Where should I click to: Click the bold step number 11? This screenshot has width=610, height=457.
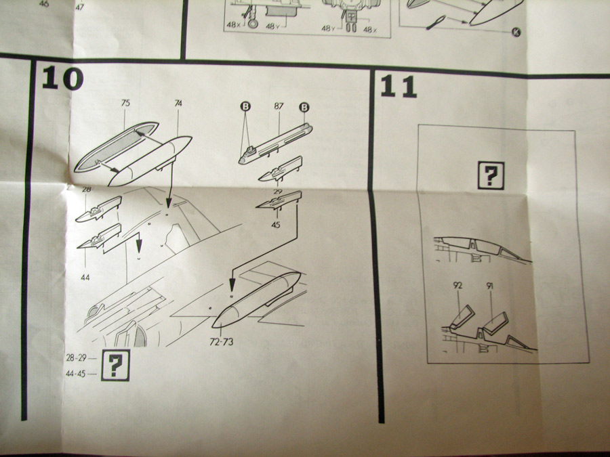pyautogui.click(x=399, y=87)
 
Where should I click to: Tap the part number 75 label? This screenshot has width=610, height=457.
pyautogui.click(x=125, y=104)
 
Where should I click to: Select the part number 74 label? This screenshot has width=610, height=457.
pyautogui.click(x=178, y=104)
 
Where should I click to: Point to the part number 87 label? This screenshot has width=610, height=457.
pyautogui.click(x=279, y=107)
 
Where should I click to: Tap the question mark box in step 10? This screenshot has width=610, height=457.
pyautogui.click(x=115, y=366)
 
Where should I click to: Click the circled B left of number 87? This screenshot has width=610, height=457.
pyautogui.click(x=245, y=107)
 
